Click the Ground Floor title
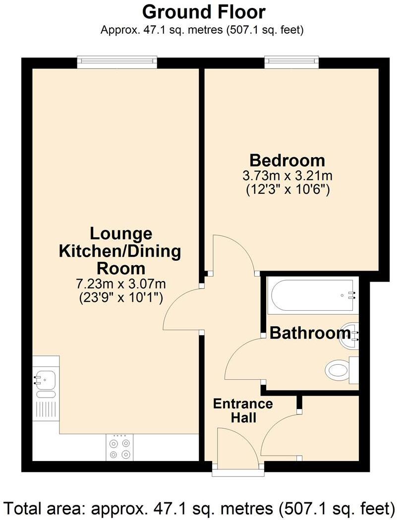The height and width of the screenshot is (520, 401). point(204,11)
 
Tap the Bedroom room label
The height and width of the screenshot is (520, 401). point(287,161)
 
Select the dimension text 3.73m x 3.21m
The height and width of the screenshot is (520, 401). point(287,176)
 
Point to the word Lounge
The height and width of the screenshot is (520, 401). point(120,233)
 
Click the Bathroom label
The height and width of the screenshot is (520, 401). point(310,333)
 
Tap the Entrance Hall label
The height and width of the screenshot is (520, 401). point(242,410)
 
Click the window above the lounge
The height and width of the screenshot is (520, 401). point(117,62)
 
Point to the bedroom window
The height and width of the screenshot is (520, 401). point(291,62)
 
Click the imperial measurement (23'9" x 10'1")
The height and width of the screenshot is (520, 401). point(120,297)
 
